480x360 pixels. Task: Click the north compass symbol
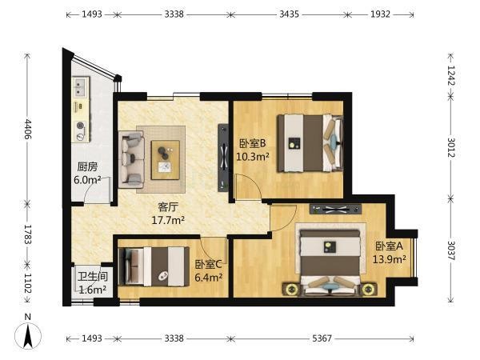(x=28, y=335)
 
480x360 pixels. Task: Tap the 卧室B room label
(x=252, y=143)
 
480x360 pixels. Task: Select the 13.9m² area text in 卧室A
(x=389, y=259)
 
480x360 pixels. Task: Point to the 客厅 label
(x=168, y=207)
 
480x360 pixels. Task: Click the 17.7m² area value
(x=168, y=220)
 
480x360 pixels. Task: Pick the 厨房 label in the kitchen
(x=87, y=167)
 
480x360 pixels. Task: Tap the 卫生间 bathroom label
(x=93, y=277)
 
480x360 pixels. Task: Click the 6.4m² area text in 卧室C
(x=209, y=278)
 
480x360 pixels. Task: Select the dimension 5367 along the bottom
(x=322, y=338)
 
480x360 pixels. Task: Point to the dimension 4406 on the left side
(x=28, y=129)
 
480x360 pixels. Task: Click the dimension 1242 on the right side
(x=451, y=75)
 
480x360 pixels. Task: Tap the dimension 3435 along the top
(x=289, y=14)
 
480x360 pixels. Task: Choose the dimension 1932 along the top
(x=380, y=14)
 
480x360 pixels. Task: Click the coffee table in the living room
(x=166, y=159)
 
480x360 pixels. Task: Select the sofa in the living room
(x=131, y=159)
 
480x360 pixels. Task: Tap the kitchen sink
(x=81, y=87)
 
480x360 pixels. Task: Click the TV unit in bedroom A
(x=335, y=210)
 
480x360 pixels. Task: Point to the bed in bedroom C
(x=154, y=266)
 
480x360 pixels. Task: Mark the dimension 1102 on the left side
(x=28, y=283)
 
